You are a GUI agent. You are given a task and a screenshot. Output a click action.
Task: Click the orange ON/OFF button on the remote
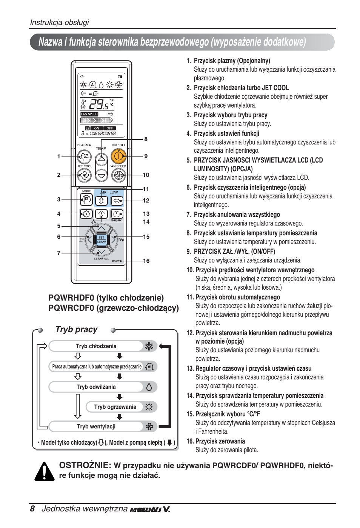118,156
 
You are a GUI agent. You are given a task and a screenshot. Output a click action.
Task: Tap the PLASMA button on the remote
84,156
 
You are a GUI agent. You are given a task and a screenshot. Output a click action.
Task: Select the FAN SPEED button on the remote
118,175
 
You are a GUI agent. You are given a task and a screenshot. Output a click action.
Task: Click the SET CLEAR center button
102,239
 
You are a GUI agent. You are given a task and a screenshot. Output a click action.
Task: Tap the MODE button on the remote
86,200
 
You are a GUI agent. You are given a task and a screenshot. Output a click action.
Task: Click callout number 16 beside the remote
146,261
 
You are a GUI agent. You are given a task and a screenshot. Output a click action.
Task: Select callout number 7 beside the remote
58,253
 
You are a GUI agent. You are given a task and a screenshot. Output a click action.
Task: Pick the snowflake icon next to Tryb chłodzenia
149,346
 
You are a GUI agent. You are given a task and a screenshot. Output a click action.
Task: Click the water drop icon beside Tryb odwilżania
149,387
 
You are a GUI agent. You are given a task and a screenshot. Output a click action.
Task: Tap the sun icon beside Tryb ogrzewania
149,407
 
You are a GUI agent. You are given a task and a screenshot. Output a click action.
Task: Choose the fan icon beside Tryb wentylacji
149,427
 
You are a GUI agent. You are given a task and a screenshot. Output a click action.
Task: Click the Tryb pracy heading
77,330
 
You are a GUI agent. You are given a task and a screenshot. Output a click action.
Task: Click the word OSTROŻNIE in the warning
85,465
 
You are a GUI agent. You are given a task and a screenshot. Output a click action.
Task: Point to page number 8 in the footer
32,509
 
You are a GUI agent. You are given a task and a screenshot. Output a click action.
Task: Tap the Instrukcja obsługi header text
60,22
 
